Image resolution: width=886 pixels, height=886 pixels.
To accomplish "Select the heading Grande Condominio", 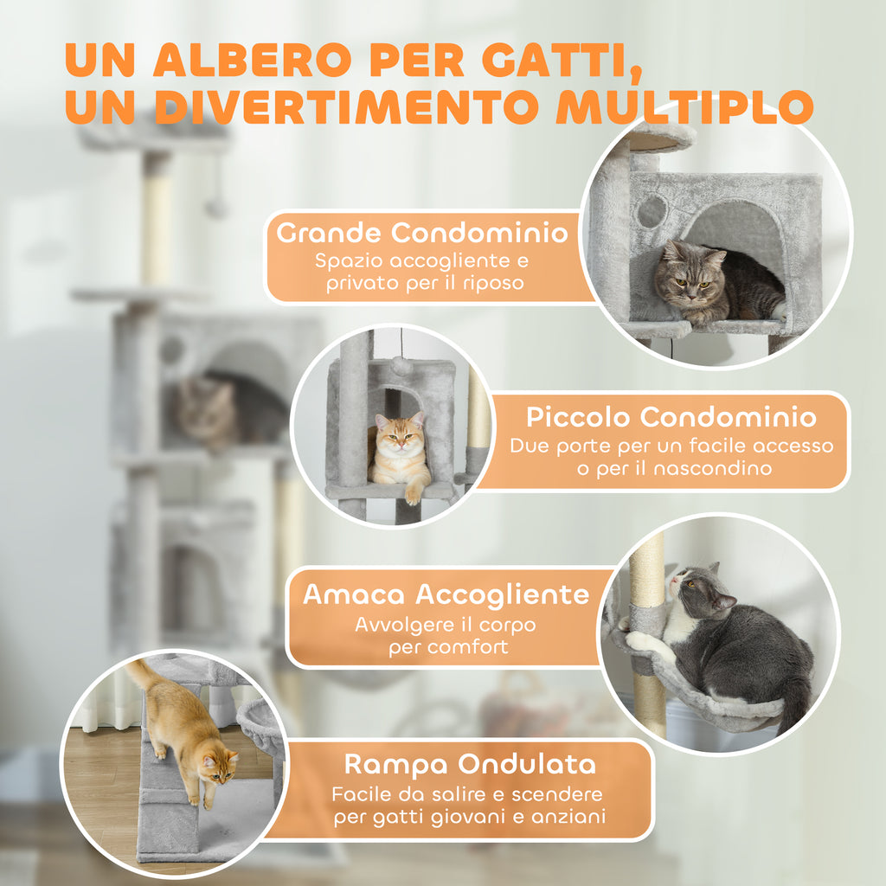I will (422, 233).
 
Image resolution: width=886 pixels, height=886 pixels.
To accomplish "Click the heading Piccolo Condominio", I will (671, 417).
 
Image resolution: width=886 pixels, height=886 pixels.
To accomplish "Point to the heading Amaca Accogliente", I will (446, 594).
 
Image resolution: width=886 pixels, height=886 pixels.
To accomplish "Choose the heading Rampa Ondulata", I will (470, 764).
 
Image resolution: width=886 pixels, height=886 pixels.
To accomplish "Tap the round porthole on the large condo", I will (652, 210).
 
